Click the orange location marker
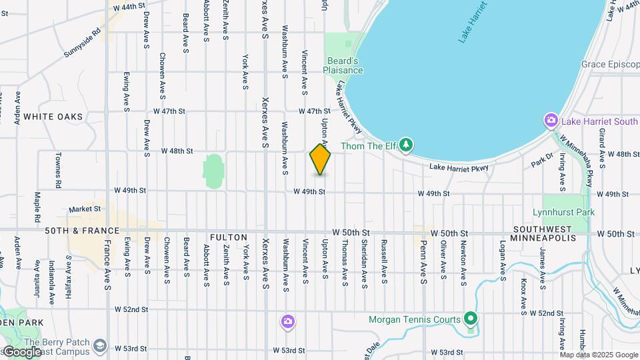tap(320, 159)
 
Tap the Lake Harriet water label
tap(473, 24)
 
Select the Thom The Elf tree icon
tap(406, 145)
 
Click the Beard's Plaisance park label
tap(343, 65)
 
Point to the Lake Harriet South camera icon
tap(551, 121)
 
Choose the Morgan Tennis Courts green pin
tap(471, 319)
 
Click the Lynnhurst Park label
tap(563, 213)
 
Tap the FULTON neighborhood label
tap(228, 237)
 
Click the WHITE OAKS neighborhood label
tap(53, 117)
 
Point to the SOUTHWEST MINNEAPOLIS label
tap(543, 233)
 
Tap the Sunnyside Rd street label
tap(83, 41)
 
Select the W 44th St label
tap(129, 6)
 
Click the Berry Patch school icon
tap(100, 345)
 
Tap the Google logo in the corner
tap(21, 352)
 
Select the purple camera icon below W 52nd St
tap(287, 323)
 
